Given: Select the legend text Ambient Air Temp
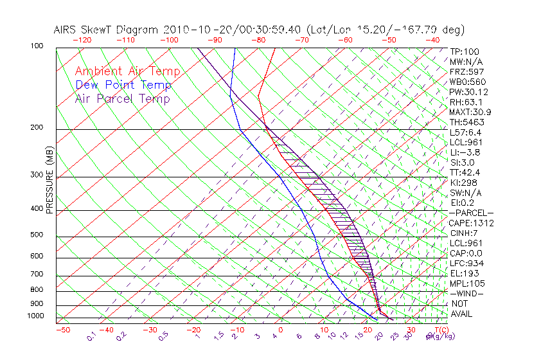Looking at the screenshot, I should (x=127, y=71).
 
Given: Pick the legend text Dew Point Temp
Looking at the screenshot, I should (x=123, y=85).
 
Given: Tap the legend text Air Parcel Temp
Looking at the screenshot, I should (x=122, y=98).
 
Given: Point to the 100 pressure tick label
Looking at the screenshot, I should (x=37, y=46).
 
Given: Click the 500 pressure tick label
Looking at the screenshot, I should (x=37, y=236).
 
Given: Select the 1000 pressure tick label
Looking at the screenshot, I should (x=35, y=316).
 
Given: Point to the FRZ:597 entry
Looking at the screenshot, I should (x=465, y=71).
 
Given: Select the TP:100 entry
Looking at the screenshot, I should (x=464, y=51).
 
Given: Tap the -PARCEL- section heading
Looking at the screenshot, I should (x=471, y=213).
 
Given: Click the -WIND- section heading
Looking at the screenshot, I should (x=466, y=293).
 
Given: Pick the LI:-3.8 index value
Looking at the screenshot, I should (x=465, y=152).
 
